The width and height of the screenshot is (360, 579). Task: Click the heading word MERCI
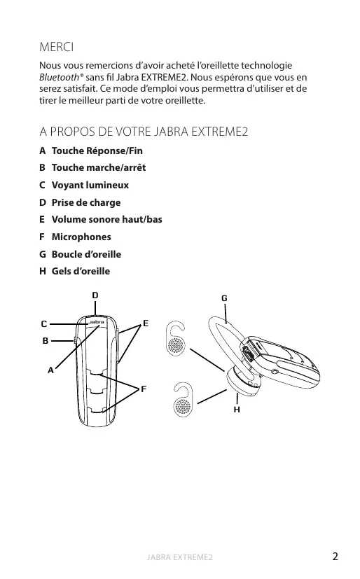[x=57, y=47]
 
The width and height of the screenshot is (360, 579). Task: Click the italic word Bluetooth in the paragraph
[x=59, y=77]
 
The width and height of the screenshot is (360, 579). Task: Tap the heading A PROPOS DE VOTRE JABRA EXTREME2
[x=144, y=132]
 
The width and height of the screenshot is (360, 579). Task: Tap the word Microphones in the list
[x=81, y=237]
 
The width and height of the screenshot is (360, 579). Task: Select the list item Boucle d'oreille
[x=86, y=254]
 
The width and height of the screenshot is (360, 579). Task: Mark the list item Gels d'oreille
[x=81, y=271]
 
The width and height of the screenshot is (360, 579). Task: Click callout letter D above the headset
[x=95, y=295]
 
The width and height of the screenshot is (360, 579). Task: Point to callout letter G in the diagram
[x=224, y=298]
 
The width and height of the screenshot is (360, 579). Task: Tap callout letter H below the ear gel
[x=237, y=410]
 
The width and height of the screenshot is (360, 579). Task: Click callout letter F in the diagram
[x=144, y=389]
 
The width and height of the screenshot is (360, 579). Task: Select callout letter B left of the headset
[x=46, y=340]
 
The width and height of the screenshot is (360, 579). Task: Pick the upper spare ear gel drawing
[x=176, y=339]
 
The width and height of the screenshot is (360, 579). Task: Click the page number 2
[x=335, y=557]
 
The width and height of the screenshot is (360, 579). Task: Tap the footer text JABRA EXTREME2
[x=180, y=557]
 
